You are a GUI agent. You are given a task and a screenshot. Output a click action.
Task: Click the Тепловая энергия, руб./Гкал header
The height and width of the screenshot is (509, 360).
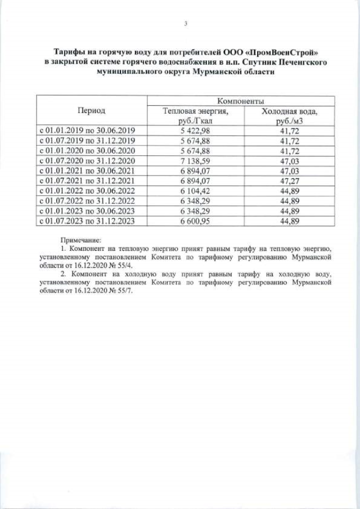click(196, 116)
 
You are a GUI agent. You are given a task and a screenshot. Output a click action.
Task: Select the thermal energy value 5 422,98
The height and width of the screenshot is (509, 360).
click(196, 130)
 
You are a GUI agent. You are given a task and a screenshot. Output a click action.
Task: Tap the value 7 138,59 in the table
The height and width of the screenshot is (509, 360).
click(196, 160)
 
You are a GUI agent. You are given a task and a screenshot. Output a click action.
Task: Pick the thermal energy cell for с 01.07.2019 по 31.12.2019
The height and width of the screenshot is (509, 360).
click(196, 141)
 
